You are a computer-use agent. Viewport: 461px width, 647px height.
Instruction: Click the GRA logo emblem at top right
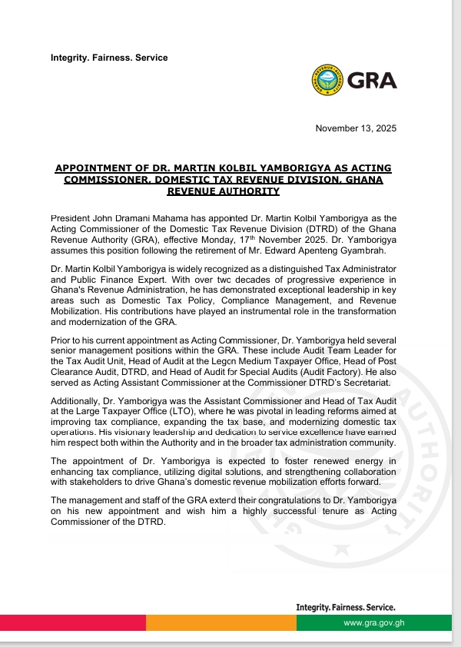click(x=328, y=80)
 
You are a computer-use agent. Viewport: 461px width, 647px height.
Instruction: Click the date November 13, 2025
click(x=357, y=128)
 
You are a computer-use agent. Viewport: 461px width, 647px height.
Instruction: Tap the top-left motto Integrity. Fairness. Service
click(x=109, y=58)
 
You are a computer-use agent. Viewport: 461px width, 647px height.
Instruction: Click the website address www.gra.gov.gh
click(x=373, y=622)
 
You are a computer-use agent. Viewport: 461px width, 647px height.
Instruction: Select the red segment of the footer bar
click(x=73, y=622)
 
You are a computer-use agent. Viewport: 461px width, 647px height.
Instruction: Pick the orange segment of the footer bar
click(x=221, y=622)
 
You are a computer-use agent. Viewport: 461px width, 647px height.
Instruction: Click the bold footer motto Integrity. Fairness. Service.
click(x=346, y=607)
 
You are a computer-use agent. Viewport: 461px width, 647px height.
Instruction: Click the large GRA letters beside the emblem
click(x=372, y=80)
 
